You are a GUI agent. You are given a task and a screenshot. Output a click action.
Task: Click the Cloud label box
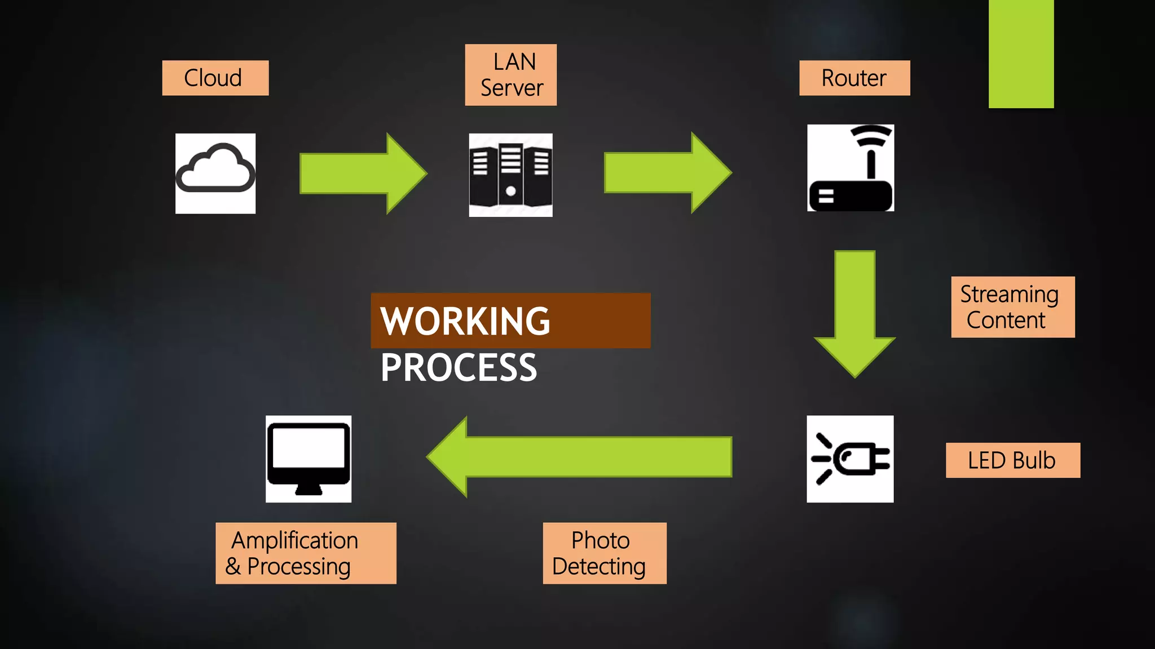tap(215, 78)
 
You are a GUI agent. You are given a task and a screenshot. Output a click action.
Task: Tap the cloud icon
tap(215, 173)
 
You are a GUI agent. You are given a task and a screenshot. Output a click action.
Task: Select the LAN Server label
tap(510, 75)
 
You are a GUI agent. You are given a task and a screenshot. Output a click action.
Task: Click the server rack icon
tap(510, 175)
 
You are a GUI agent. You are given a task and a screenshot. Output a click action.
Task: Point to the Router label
tap(854, 78)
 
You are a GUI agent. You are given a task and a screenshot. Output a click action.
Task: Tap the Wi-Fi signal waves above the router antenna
tap(871, 135)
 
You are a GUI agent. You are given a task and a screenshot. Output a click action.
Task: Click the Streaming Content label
tap(1012, 307)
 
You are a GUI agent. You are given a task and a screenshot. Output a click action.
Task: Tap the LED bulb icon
tap(850, 459)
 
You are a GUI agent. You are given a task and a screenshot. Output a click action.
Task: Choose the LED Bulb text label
tap(1012, 460)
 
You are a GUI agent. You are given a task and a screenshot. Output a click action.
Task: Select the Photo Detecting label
tap(604, 553)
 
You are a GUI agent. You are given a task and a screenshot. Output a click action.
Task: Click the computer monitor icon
tap(308, 459)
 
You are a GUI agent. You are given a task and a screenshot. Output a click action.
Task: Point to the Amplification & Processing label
tap(306, 553)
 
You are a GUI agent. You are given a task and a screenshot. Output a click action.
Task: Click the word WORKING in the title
tap(465, 321)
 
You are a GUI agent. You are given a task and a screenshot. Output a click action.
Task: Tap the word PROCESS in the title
tap(459, 368)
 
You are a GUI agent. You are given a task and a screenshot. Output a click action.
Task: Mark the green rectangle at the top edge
tap(1021, 54)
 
